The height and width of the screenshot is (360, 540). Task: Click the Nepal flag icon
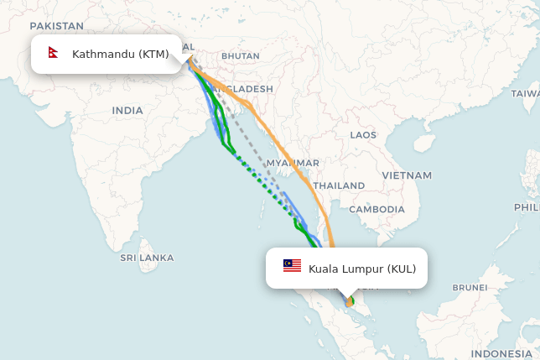tap(54, 54)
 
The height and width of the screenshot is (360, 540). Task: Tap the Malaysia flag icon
tap(292, 266)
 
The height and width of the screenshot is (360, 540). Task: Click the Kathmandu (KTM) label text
tap(121, 55)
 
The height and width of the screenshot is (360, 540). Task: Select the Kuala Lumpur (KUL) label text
tap(362, 269)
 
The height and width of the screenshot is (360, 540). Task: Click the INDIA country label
tap(127, 110)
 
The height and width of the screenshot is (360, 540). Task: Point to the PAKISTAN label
tap(56, 26)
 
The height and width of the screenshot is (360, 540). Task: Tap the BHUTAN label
tap(241, 56)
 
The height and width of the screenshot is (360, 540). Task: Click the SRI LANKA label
tap(147, 257)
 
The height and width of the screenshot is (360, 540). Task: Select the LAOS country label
tap(363, 134)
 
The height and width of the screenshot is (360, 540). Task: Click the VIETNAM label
tap(407, 175)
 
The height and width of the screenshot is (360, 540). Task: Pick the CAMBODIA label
tap(376, 209)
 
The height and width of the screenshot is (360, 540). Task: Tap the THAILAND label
tap(339, 185)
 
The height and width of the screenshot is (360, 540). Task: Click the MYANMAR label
tap(293, 163)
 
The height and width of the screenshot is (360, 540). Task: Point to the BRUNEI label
tap(470, 287)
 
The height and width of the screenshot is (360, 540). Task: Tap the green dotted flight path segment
tap(260, 180)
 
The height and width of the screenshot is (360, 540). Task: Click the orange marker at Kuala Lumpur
tap(349, 302)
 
